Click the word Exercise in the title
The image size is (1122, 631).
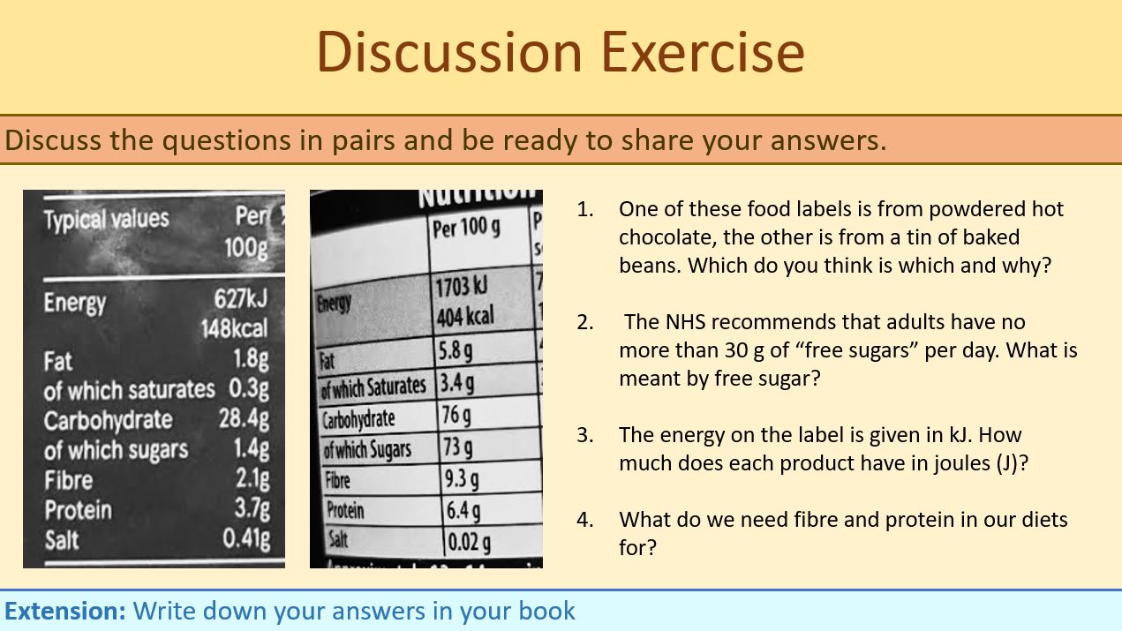(703, 52)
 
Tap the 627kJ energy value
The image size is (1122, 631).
(240, 298)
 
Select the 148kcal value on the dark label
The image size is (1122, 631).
(234, 329)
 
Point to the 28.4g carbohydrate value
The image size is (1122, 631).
(244, 417)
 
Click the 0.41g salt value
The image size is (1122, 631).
(246, 537)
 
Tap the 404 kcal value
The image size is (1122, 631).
(464, 316)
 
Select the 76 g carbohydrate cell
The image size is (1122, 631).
(456, 415)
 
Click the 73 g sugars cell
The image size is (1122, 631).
(457, 447)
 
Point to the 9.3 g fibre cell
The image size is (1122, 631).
(462, 479)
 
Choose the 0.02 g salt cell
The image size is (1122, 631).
(469, 541)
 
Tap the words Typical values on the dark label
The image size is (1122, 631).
(106, 219)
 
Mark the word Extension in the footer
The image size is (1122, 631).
(65, 611)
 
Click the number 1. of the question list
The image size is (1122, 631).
(585, 209)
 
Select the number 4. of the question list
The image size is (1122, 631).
(585, 519)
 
